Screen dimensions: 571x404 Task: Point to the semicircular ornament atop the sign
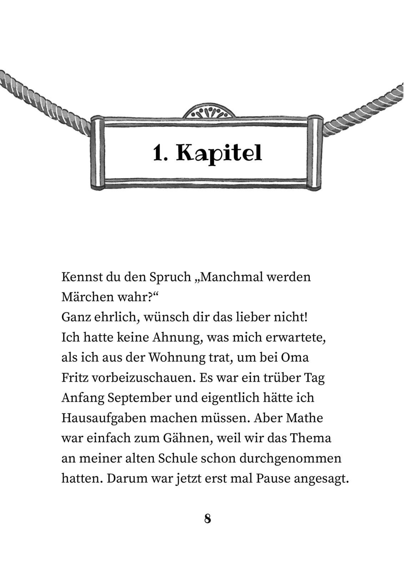pyautogui.click(x=209, y=111)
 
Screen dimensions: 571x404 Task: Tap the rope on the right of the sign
pyautogui.click(x=364, y=107)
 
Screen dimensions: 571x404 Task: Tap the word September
pyautogui.click(x=140, y=398)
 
